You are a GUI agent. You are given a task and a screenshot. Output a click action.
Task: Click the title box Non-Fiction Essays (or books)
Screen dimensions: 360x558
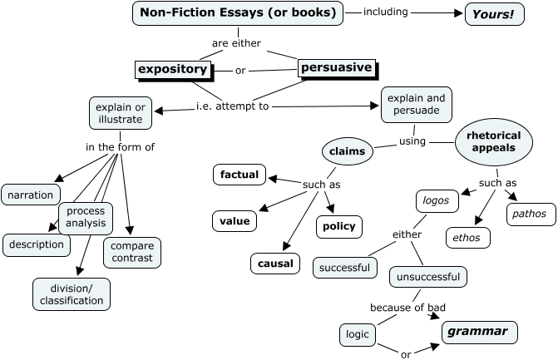click(238, 13)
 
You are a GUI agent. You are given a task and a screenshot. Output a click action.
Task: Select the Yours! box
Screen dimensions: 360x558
click(494, 14)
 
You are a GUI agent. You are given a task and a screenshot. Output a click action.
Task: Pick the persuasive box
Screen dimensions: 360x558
click(336, 68)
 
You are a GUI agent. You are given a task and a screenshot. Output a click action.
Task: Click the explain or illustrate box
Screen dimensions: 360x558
click(120, 113)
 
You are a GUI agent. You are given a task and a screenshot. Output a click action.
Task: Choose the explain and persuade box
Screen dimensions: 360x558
click(412, 105)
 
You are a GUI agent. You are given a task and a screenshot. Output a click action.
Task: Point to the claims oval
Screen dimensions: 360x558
click(347, 152)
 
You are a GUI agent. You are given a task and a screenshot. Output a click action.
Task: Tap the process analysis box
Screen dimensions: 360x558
click(86, 217)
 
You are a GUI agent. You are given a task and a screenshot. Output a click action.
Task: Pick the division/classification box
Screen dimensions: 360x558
click(72, 294)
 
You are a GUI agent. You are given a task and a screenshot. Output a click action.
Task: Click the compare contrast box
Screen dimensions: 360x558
click(131, 252)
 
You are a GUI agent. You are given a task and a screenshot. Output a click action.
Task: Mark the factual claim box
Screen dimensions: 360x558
click(239, 175)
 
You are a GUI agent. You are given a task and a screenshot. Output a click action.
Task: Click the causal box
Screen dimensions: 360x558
click(274, 264)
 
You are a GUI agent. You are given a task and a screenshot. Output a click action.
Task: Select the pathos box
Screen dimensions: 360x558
click(531, 214)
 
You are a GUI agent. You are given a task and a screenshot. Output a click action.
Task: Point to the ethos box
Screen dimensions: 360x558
click(467, 238)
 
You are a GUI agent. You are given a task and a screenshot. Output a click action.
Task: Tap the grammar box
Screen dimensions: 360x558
click(478, 332)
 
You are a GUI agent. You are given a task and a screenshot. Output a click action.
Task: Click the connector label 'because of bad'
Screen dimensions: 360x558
click(402, 308)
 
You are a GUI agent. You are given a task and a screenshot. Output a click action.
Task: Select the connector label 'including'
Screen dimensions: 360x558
click(386, 13)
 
